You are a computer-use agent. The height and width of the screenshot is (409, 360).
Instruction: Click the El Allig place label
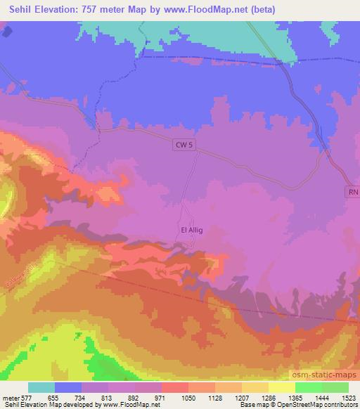pyautogui.click(x=192, y=230)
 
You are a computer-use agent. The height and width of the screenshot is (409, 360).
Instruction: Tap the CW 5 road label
pyautogui.click(x=182, y=144)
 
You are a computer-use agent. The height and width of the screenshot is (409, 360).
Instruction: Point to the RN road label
pyautogui.click(x=352, y=192)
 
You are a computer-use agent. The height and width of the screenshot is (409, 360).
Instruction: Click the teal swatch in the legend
pyautogui.click(x=41, y=387)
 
